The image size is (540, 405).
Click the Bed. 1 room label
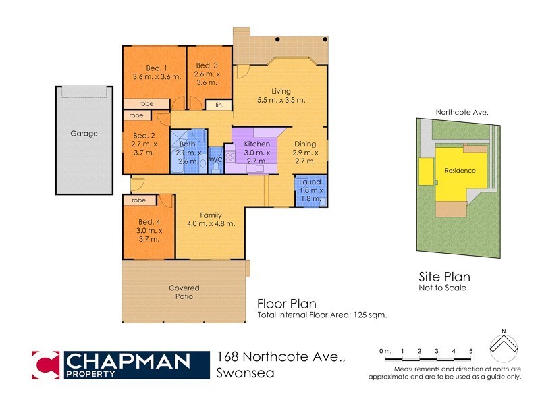coord(157,67)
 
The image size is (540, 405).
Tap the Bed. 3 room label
coord(207,65)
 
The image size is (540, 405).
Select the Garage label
coord(84,134)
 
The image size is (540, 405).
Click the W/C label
coord(216,159)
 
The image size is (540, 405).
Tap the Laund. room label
coord(311,182)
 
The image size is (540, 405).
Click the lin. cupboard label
coord(219,105)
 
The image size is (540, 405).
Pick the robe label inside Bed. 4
coord(139,200)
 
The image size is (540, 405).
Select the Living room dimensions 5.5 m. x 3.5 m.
coord(281,100)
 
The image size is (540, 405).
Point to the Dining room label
coord(305,144)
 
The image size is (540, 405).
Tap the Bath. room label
coord(188,144)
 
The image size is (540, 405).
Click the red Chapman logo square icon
coord(47,364)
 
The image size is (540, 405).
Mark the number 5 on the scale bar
coord(471,351)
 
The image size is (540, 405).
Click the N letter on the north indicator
coord(503,331)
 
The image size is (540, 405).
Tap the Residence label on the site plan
coord(460,171)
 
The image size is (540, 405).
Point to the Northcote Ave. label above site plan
coord(462,112)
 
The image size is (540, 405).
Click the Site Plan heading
coord(444,277)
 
